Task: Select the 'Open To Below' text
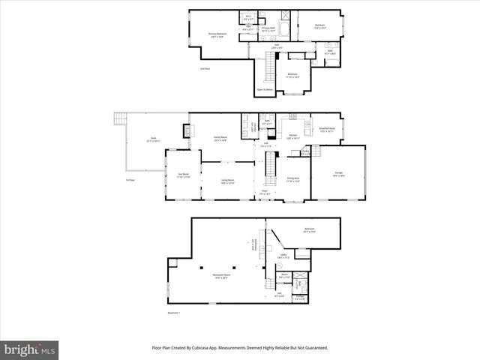point(265,89)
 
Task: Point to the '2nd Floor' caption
point(204,70)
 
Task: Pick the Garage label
point(338,175)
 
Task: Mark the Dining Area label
point(293,179)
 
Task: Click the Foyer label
point(265,191)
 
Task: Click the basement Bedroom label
point(309,229)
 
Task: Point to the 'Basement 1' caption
point(173,313)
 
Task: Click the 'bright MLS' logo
point(31,349)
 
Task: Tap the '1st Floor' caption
point(130,180)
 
